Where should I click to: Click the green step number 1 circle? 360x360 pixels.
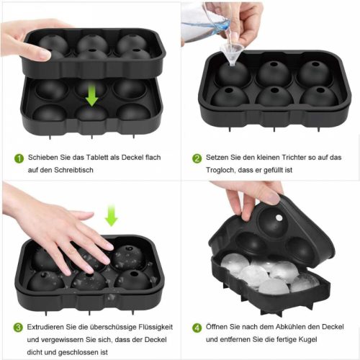point(19,158)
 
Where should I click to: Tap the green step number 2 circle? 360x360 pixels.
point(197,158)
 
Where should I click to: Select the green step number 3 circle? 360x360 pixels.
point(18,328)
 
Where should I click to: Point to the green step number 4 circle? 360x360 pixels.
point(197,328)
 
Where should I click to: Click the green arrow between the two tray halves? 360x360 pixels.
point(91,96)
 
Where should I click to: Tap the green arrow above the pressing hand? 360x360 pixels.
point(112,215)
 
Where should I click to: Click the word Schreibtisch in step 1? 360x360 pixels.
point(73,170)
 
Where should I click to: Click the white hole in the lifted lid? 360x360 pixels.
point(279,217)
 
